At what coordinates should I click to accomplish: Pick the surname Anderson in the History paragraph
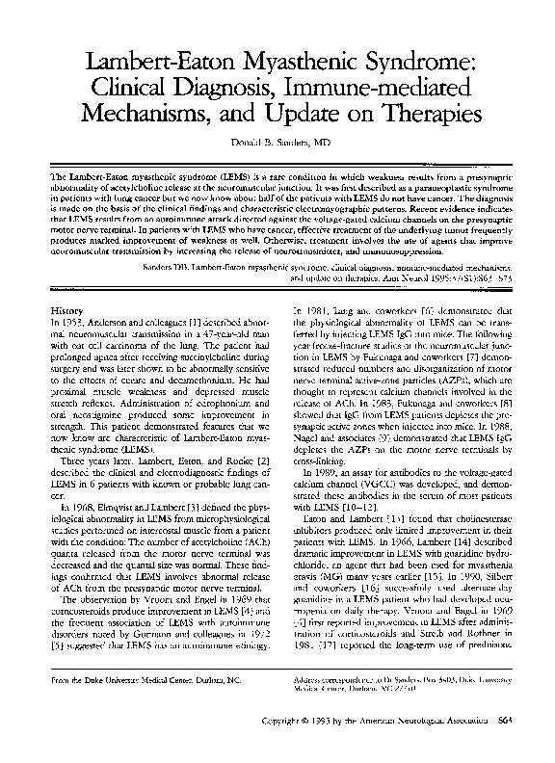tap(110, 323)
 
